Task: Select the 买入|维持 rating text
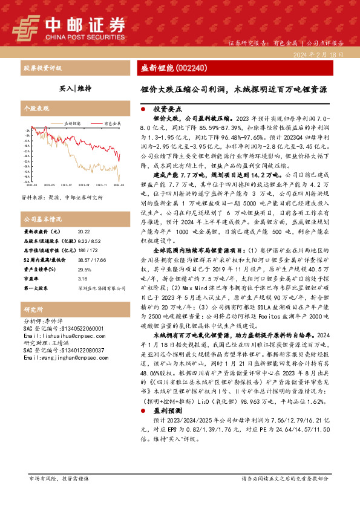pos(76,88)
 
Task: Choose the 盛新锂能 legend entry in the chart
pos(72,123)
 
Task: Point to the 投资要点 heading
pos(166,110)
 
